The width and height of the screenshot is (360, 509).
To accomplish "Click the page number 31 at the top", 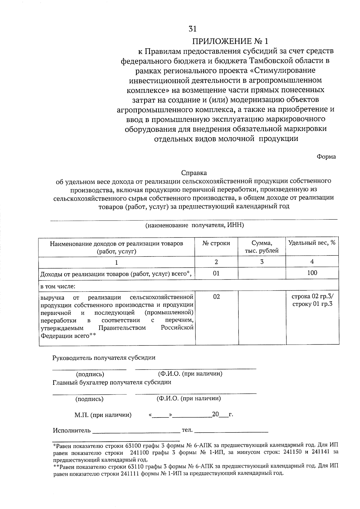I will click(192, 29).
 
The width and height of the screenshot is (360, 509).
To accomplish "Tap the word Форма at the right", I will click(326, 157).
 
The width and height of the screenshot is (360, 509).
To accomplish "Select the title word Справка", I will click(194, 173).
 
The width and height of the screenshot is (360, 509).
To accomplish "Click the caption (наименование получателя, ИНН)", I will click(195, 225).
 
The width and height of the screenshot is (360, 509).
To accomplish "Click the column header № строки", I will click(216, 243).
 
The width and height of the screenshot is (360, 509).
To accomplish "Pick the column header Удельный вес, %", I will click(312, 243).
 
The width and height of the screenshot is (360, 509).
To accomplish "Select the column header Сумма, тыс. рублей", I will click(262, 247).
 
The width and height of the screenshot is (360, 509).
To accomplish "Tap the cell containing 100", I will click(312, 273).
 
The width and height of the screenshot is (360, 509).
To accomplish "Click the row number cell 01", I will click(216, 273).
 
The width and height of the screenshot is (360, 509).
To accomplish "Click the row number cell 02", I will click(216, 297).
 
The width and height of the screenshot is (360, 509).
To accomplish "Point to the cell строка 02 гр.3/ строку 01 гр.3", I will click(312, 300).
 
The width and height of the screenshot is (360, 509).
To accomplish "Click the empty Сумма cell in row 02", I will click(262, 318).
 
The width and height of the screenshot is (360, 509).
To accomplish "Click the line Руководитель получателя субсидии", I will click(104, 358).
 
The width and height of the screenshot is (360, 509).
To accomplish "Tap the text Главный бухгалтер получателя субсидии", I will click(112, 382).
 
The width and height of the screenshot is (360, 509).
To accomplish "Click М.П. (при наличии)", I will click(103, 415).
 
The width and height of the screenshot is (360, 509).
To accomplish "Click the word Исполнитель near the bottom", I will click(72, 431).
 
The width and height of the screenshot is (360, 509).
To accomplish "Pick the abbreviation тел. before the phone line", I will click(187, 430).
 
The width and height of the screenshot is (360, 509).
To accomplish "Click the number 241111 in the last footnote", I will click(130, 474).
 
